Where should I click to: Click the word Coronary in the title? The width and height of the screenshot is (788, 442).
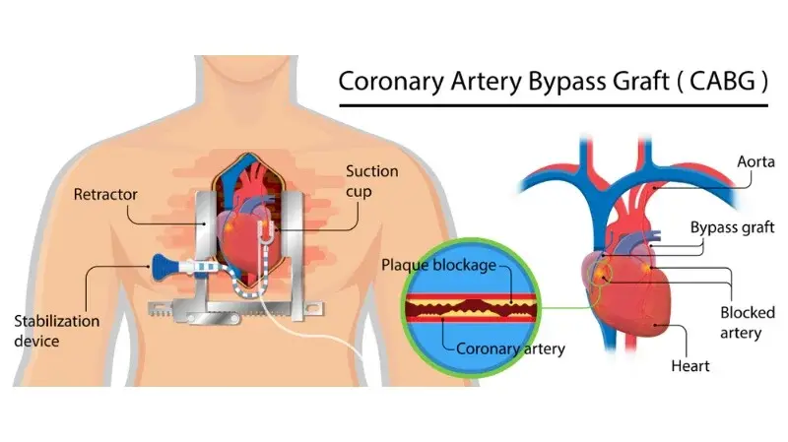tap(391, 82)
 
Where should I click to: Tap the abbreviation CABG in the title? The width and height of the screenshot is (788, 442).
tap(722, 81)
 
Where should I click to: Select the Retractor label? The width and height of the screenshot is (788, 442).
tap(105, 194)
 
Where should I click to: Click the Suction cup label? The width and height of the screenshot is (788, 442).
tap(372, 181)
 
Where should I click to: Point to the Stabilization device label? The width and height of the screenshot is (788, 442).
tap(57, 331)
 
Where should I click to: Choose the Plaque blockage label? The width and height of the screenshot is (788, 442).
tap(438, 265)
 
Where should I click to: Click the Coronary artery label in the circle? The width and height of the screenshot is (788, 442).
tap(510, 348)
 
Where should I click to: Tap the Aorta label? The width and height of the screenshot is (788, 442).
tap(755, 161)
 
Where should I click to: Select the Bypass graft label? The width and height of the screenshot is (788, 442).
tap(732, 227)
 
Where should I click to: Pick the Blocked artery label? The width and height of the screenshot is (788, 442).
tap(748, 323)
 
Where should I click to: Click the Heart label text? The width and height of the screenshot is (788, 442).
tap(690, 365)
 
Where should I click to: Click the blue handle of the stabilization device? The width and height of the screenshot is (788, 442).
tap(164, 266)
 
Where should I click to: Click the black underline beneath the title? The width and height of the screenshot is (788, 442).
tap(554, 105)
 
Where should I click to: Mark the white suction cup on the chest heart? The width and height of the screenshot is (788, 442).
tap(267, 230)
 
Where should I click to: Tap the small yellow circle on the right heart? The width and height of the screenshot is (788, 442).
tap(600, 273)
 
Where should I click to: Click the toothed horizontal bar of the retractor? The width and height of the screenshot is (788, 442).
tap(235, 308)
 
